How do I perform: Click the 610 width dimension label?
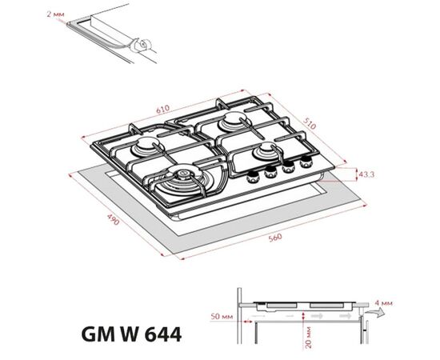[x=163, y=109]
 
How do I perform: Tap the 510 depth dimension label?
[x=310, y=123]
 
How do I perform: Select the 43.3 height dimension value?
[x=366, y=174]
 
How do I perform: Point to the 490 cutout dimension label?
[x=114, y=219]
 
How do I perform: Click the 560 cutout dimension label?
[x=275, y=238]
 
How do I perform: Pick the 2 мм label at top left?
[x=55, y=14]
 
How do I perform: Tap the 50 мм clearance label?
[x=222, y=316]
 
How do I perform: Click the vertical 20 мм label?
[x=308, y=337]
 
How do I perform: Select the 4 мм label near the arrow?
[x=384, y=303]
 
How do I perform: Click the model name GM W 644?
[x=131, y=334]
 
